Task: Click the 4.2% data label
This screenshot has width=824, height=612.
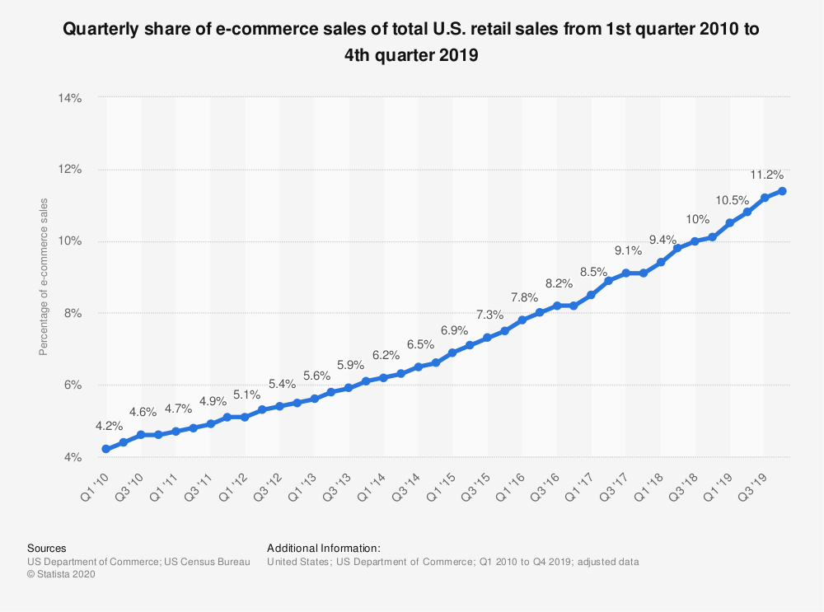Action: coord(110,427)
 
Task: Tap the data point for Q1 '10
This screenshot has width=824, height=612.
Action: coord(105,449)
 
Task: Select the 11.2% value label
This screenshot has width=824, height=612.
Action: coord(768,175)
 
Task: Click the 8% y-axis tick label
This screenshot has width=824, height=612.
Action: coord(73,314)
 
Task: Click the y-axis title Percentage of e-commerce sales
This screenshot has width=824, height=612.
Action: coord(44,277)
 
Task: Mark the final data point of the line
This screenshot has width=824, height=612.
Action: coord(782,191)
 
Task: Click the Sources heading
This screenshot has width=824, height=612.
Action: coord(47,548)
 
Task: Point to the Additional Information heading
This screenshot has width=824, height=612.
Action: coord(324,548)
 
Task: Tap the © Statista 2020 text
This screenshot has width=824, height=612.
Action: coord(62,575)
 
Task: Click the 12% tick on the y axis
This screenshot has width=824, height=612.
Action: coord(70,170)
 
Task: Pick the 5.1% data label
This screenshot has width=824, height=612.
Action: coord(246,395)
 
